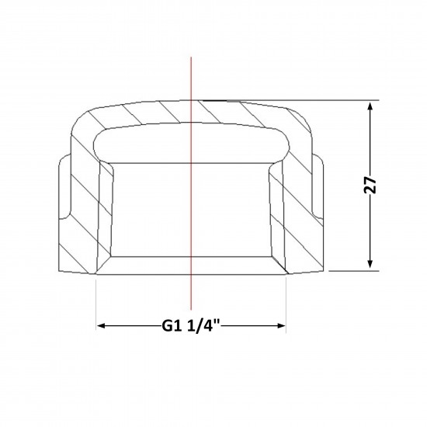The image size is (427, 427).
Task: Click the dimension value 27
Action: click(370, 185)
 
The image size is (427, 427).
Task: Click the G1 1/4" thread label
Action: click(191, 325)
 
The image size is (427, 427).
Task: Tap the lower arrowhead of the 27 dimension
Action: click(370, 264)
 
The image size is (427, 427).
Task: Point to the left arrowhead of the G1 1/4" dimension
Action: click(101, 326)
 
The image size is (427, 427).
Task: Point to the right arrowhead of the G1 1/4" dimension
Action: click(281, 326)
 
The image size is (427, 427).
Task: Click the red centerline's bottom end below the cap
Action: click(191, 310)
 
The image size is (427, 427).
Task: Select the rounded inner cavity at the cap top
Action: click(191, 144)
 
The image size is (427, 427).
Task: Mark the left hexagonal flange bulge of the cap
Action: click(64, 186)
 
